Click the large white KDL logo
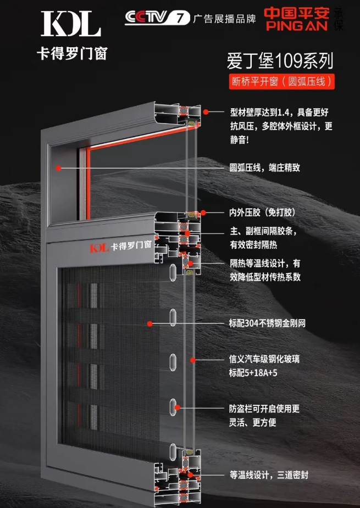(71, 23)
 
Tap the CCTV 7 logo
(157, 18)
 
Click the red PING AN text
(297, 26)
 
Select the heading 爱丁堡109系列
(280, 61)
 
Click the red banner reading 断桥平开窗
(281, 81)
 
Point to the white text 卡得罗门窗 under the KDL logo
(72, 53)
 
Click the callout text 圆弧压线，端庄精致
(265, 168)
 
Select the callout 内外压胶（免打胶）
(262, 213)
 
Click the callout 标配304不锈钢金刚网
(267, 323)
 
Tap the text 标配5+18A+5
(253, 373)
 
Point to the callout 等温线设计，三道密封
(269, 475)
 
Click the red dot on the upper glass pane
(58, 168)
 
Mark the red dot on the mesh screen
(150, 323)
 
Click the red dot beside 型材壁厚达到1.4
(206, 112)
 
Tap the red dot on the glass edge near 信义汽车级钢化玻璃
(193, 360)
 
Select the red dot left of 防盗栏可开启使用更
(178, 407)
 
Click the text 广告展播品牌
(224, 19)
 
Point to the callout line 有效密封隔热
(253, 244)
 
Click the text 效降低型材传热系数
(265, 277)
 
